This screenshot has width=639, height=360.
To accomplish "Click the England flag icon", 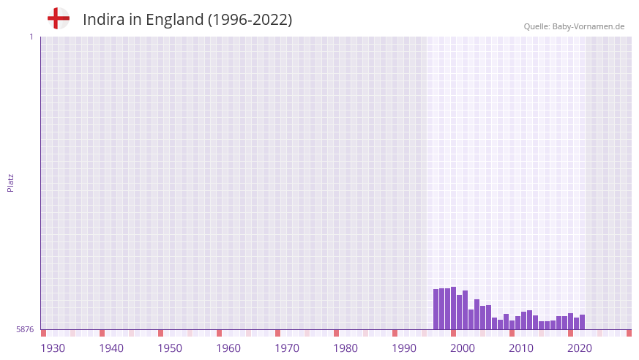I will click(x=59, y=18).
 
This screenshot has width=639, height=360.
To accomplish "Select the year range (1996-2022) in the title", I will click(x=250, y=20).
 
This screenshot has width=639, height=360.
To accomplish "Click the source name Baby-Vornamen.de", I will click(x=588, y=26).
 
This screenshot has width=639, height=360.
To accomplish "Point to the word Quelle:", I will click(x=537, y=26).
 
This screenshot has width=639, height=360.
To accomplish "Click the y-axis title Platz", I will click(x=10, y=182).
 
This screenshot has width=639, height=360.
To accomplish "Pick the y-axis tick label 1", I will click(x=31, y=37).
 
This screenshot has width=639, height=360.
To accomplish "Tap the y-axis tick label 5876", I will click(x=25, y=330).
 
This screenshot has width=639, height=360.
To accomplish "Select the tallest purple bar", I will click(x=454, y=308).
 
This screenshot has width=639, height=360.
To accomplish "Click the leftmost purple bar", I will click(x=436, y=310).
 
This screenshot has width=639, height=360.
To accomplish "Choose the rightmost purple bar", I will click(x=583, y=322).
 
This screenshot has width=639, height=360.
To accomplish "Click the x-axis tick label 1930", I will click(x=53, y=348).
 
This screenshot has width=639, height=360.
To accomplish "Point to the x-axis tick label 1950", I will click(x=170, y=348).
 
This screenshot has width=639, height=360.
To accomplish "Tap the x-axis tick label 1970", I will click(x=287, y=348).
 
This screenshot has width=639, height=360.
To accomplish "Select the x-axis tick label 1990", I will click(x=404, y=348).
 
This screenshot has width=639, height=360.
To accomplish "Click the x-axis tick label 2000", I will click(x=463, y=348).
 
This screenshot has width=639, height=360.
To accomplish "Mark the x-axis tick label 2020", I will click(x=580, y=348).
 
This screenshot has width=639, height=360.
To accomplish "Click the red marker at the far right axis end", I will click(x=629, y=333).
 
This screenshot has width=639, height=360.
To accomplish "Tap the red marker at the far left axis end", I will click(x=44, y=333).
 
